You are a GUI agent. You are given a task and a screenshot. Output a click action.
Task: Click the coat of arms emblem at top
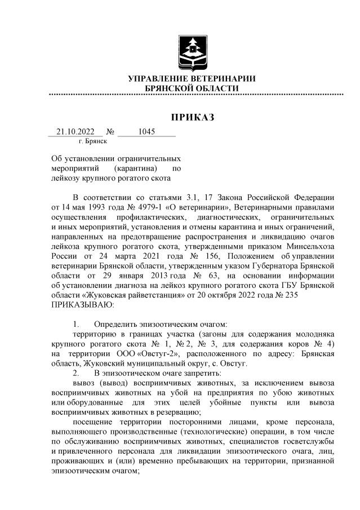(192, 50)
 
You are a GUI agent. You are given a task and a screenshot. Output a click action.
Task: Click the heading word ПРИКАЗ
(193, 117)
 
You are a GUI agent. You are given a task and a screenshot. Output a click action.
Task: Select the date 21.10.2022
(74, 132)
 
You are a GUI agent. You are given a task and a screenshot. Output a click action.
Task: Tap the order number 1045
(146, 132)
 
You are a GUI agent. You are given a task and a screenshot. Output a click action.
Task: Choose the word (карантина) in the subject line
(134, 168)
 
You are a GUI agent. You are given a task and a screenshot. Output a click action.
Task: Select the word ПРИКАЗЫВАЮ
(82, 304)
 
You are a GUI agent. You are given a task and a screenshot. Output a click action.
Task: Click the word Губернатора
(270, 264)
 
